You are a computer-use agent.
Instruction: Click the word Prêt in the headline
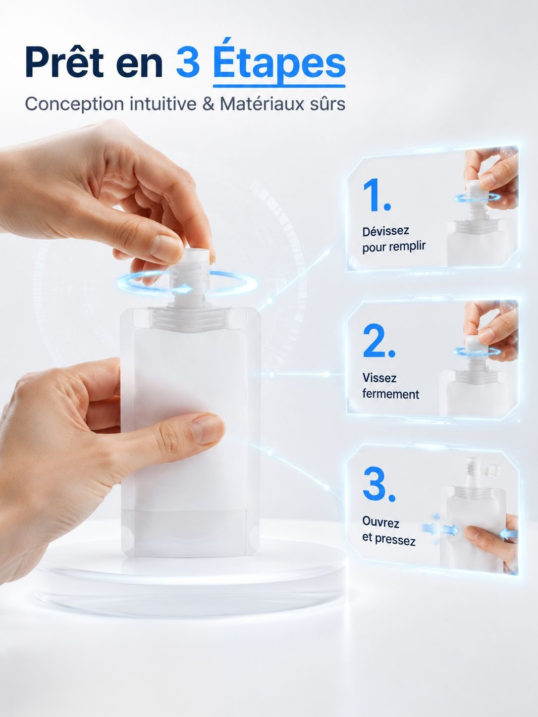tap(65, 61)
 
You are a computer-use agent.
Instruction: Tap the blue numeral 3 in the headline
tap(188, 62)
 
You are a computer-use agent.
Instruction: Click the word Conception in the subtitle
tap(74, 104)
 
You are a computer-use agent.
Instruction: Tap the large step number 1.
tap(377, 195)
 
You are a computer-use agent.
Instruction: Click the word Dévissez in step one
tap(385, 231)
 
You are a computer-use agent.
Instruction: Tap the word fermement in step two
tap(391, 394)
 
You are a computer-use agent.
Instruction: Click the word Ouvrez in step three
tap(380, 522)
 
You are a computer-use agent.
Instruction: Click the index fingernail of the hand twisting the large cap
tap(166, 245)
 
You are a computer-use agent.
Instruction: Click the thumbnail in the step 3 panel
tap(473, 531)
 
